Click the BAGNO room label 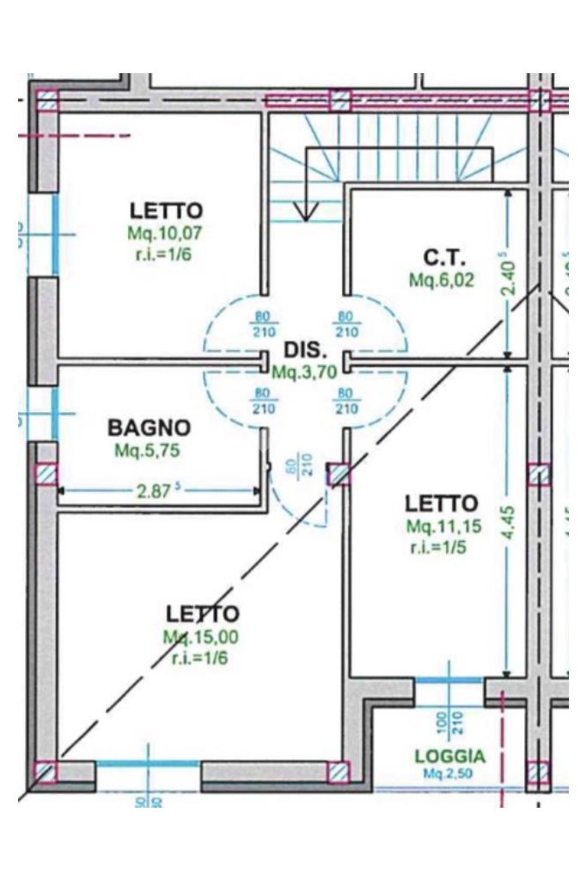[x=149, y=428]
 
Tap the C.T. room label [x=443, y=257]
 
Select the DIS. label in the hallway [x=304, y=351]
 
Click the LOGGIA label [x=449, y=757]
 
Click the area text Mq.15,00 [x=200, y=637]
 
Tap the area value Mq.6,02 [x=442, y=280]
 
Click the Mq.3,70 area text [x=303, y=372]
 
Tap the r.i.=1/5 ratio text [x=438, y=547]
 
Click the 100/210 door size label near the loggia [x=449, y=722]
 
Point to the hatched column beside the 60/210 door [x=339, y=474]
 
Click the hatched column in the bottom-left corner [x=46, y=772]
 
